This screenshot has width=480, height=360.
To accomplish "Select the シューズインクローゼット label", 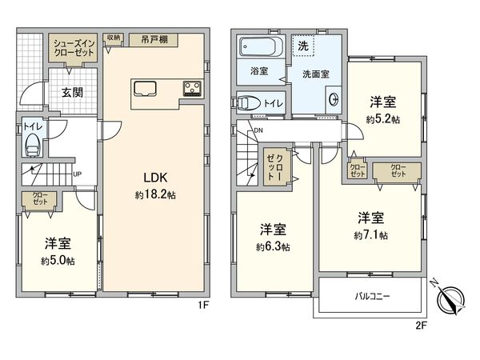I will point(75,46).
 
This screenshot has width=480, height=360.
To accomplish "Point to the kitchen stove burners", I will point(194,87).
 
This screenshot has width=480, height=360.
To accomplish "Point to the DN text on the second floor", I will point(258,131).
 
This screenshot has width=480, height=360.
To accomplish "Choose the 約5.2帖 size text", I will point(384,118).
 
